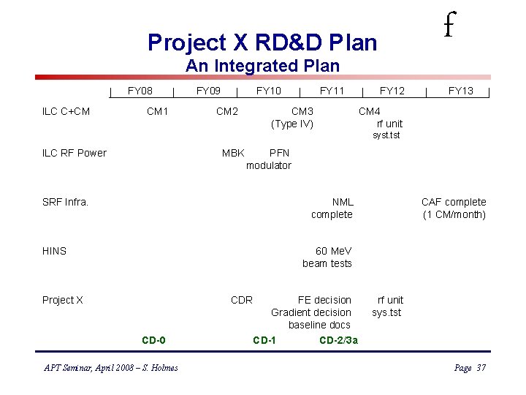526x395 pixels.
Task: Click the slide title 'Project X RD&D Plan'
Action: click(262, 42)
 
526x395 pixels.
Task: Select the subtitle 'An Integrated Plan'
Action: click(262, 66)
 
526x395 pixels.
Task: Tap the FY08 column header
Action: click(140, 91)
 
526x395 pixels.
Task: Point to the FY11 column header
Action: click(332, 91)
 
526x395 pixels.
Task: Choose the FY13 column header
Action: click(460, 91)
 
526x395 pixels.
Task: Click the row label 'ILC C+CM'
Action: click(66, 111)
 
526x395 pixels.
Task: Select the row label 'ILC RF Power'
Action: click(74, 153)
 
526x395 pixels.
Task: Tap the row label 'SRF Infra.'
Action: click(65, 202)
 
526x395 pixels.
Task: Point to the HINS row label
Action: click(54, 251)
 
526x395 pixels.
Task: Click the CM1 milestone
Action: click(157, 111)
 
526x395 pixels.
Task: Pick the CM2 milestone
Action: click(226, 111)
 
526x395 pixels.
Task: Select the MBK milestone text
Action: click(233, 153)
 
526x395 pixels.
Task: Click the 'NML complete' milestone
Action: click(332, 208)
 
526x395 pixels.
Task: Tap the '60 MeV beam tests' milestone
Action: click(327, 257)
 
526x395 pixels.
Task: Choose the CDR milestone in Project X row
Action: click(241, 300)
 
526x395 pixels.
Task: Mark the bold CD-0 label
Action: click(153, 340)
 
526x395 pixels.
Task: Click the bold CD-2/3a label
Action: click(338, 340)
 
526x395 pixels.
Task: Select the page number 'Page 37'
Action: click(469, 368)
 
